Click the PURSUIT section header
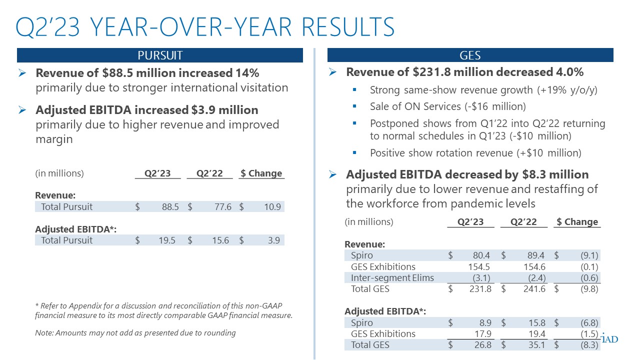[160, 55]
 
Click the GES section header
[470, 55]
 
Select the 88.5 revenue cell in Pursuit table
[170, 206]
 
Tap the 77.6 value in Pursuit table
[222, 206]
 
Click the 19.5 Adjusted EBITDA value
[170, 240]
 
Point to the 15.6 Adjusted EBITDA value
[222, 240]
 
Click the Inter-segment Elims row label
[392, 277]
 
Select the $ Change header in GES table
[577, 221]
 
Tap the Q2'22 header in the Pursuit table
[209, 173]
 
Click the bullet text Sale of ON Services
[447, 106]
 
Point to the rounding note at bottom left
[135, 332]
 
